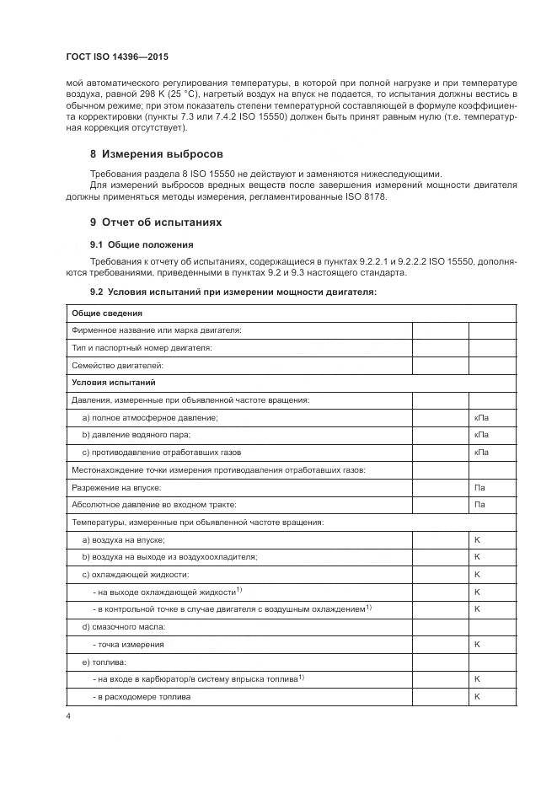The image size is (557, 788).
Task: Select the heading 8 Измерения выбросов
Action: [156, 154]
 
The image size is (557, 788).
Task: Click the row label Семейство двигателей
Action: [117, 365]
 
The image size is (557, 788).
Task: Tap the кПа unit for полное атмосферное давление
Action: [481, 417]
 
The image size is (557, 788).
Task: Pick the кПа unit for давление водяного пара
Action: [481, 434]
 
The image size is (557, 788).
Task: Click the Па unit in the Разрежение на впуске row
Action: [479, 487]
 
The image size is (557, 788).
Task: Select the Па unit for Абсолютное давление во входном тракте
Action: [479, 504]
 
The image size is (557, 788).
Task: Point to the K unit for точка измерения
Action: [477, 644]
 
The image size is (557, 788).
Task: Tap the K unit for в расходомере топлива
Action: [477, 696]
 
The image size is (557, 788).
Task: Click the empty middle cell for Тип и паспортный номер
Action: [440, 347]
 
